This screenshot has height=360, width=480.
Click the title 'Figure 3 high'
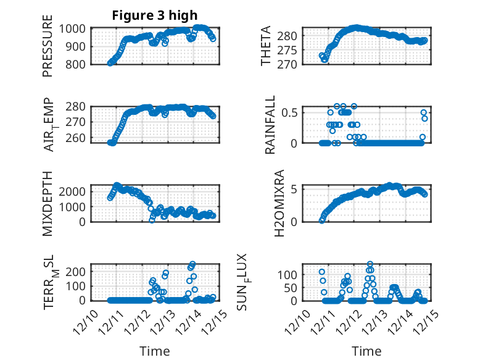(x=154, y=15)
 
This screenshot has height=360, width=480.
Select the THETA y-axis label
(x=266, y=46)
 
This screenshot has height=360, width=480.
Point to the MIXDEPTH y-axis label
(x=48, y=203)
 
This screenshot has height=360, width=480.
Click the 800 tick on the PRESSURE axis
(x=78, y=64)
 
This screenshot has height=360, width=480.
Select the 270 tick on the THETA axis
(x=292, y=64)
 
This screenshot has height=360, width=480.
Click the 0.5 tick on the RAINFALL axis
(x=290, y=112)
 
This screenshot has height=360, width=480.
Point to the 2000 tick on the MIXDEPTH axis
(x=74, y=191)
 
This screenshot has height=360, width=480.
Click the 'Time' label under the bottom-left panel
(x=154, y=351)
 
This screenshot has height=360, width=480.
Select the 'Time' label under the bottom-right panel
(x=366, y=351)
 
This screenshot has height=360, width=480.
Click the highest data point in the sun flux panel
(x=370, y=264)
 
